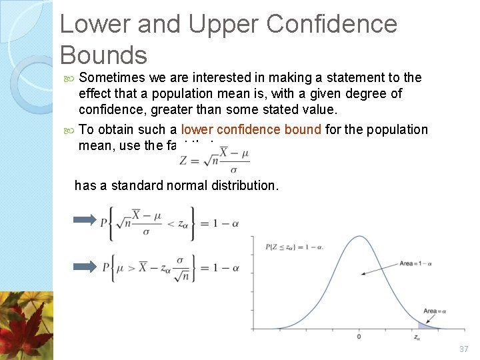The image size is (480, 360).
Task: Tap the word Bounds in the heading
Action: coord(103,54)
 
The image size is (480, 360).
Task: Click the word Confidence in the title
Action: coord(332,25)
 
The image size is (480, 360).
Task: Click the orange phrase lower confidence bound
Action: coord(251,129)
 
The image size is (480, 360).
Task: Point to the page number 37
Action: coord(464,349)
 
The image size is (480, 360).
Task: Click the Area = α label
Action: coord(435,311)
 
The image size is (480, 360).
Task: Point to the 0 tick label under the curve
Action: coord(359,337)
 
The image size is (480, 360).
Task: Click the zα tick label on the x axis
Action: coord(417,337)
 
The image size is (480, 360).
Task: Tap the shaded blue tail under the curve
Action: coord(424,325)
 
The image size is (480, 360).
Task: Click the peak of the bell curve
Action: coord(359,237)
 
